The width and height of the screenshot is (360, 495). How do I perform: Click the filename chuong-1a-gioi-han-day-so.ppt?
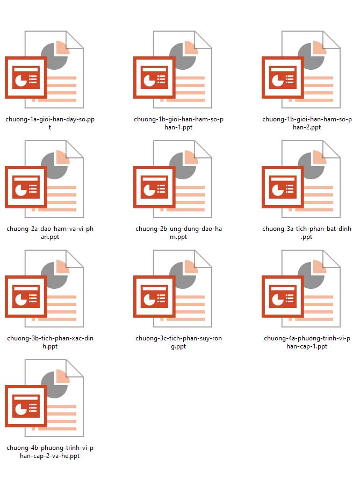pos(50,123)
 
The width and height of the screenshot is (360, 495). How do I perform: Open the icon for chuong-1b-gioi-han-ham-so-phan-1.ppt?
pos(172,69)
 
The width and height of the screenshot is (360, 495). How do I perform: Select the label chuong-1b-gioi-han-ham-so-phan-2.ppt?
pos(307,123)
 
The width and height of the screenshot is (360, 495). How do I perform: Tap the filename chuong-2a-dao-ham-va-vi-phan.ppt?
pos(50,232)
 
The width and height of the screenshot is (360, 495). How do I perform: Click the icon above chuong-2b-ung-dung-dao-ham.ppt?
pos(172,179)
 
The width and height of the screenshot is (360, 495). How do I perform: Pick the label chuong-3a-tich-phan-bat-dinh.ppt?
pos(307,232)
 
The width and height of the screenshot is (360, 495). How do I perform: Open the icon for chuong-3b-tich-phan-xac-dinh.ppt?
pos(44,288)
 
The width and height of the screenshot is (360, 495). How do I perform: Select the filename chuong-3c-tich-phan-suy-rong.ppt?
pos(178,342)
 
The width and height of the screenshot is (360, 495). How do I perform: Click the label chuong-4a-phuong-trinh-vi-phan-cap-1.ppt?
pos(307,342)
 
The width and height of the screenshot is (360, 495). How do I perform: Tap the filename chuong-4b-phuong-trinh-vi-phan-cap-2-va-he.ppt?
pos(50,452)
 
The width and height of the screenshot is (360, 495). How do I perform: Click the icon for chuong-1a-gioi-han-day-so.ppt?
pos(44,69)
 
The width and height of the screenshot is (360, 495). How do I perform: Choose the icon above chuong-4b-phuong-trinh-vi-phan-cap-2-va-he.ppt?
pos(44,398)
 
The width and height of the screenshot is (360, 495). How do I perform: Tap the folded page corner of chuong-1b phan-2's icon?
pos(332,40)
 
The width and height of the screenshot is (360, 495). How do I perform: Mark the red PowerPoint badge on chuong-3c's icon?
pos(154,296)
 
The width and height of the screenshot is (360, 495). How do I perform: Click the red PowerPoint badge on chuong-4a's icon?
pos(283,296)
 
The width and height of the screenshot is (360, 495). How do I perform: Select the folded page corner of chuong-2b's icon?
pos(203,149)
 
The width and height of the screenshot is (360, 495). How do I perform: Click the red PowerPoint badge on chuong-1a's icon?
pos(26,77)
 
